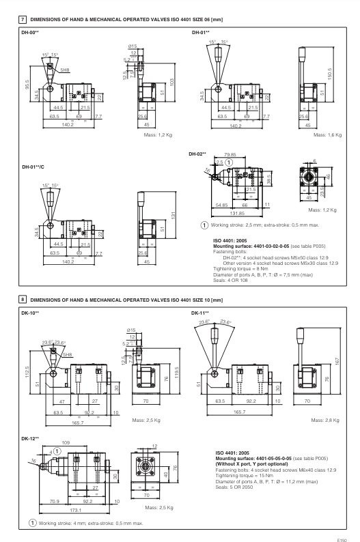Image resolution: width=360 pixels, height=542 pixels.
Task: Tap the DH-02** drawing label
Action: click(197, 154)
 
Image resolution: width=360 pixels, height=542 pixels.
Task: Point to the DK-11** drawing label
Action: click(201, 313)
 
